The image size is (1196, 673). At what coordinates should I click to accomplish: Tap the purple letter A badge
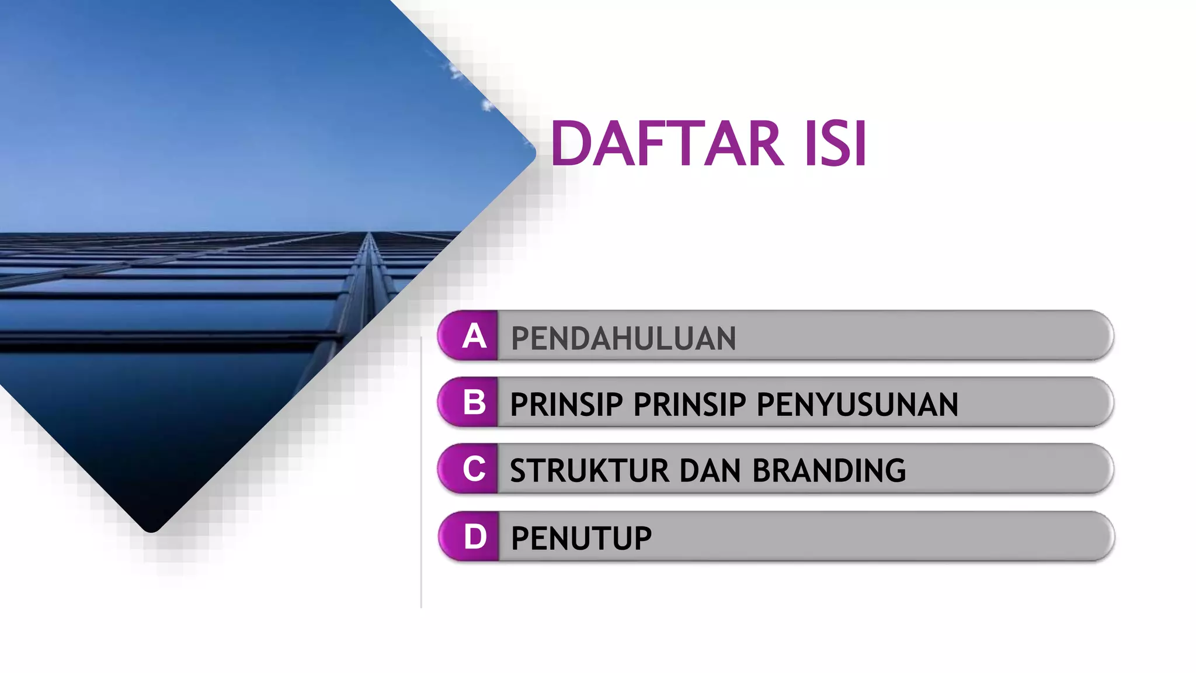pyautogui.click(x=471, y=336)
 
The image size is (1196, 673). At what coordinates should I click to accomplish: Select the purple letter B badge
pyautogui.click(x=471, y=403)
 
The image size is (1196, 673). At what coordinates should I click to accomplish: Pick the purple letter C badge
pyautogui.click(x=471, y=469)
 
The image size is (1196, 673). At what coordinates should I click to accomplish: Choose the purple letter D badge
pyautogui.click(x=472, y=537)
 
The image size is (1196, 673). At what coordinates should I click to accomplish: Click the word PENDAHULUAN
pyautogui.click(x=623, y=339)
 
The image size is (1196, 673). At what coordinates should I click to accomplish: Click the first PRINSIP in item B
pyautogui.click(x=566, y=404)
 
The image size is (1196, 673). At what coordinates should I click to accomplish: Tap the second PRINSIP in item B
pyautogui.click(x=690, y=404)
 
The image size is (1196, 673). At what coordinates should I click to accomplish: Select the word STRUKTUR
pyautogui.click(x=589, y=471)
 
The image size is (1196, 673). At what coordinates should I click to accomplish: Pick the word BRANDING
pyautogui.click(x=829, y=471)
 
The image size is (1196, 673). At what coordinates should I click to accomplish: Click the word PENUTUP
pyautogui.click(x=581, y=538)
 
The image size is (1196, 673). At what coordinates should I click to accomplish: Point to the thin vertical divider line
pyautogui.click(x=421, y=473)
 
